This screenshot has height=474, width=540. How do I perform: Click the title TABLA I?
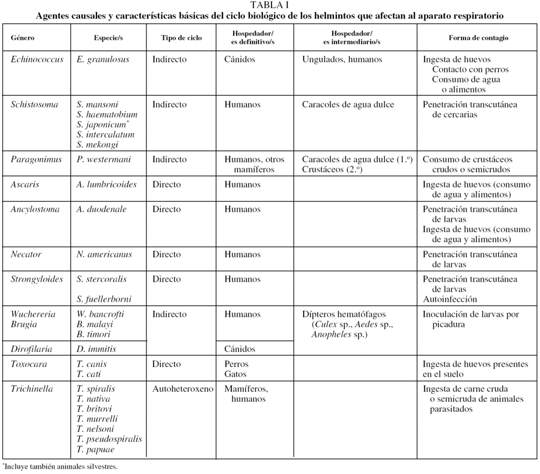coord(269,5)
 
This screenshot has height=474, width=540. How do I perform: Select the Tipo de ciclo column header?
coord(181,38)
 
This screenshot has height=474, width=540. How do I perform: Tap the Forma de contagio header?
coord(478,38)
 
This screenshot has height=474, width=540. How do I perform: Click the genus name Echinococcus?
coord(37,60)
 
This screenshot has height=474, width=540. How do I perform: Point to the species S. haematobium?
coord(107,114)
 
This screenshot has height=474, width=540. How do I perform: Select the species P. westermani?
coord(103,160)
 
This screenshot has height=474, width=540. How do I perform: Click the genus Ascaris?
coord(25,185)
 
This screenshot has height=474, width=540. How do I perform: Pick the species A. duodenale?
coord(101,210)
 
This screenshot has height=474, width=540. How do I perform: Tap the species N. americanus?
coord(104,254)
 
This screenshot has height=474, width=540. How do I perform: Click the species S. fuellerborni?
coord(104,299)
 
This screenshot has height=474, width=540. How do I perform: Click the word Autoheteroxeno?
coord(182,389)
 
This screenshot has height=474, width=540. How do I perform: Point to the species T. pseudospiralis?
coord(109,439)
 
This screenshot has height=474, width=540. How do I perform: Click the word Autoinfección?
coord(450,299)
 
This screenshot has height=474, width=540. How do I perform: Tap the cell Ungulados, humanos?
coord(342,60)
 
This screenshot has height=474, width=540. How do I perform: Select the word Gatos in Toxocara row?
coord(235,374)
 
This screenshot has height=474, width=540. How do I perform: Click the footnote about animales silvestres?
coord(60,467)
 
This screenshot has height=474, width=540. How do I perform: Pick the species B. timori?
coord(93,334)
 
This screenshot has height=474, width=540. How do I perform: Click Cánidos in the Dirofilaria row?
coord(239,349)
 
